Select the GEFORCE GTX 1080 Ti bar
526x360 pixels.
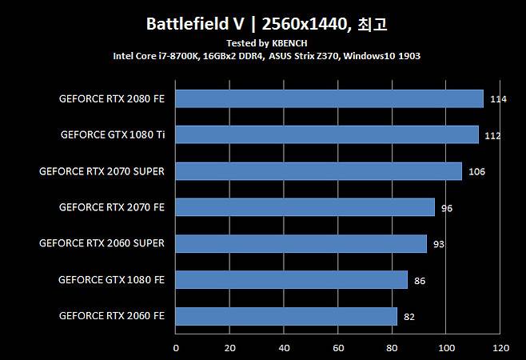327,134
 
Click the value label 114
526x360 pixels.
499,100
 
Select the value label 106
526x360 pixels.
476,172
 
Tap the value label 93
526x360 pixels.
438,244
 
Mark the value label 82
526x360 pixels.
409,317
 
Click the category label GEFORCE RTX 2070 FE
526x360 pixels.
111,207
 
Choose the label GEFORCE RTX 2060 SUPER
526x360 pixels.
102,243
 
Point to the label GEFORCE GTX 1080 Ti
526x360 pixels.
112,134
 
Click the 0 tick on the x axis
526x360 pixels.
176,349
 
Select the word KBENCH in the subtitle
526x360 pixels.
290,42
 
